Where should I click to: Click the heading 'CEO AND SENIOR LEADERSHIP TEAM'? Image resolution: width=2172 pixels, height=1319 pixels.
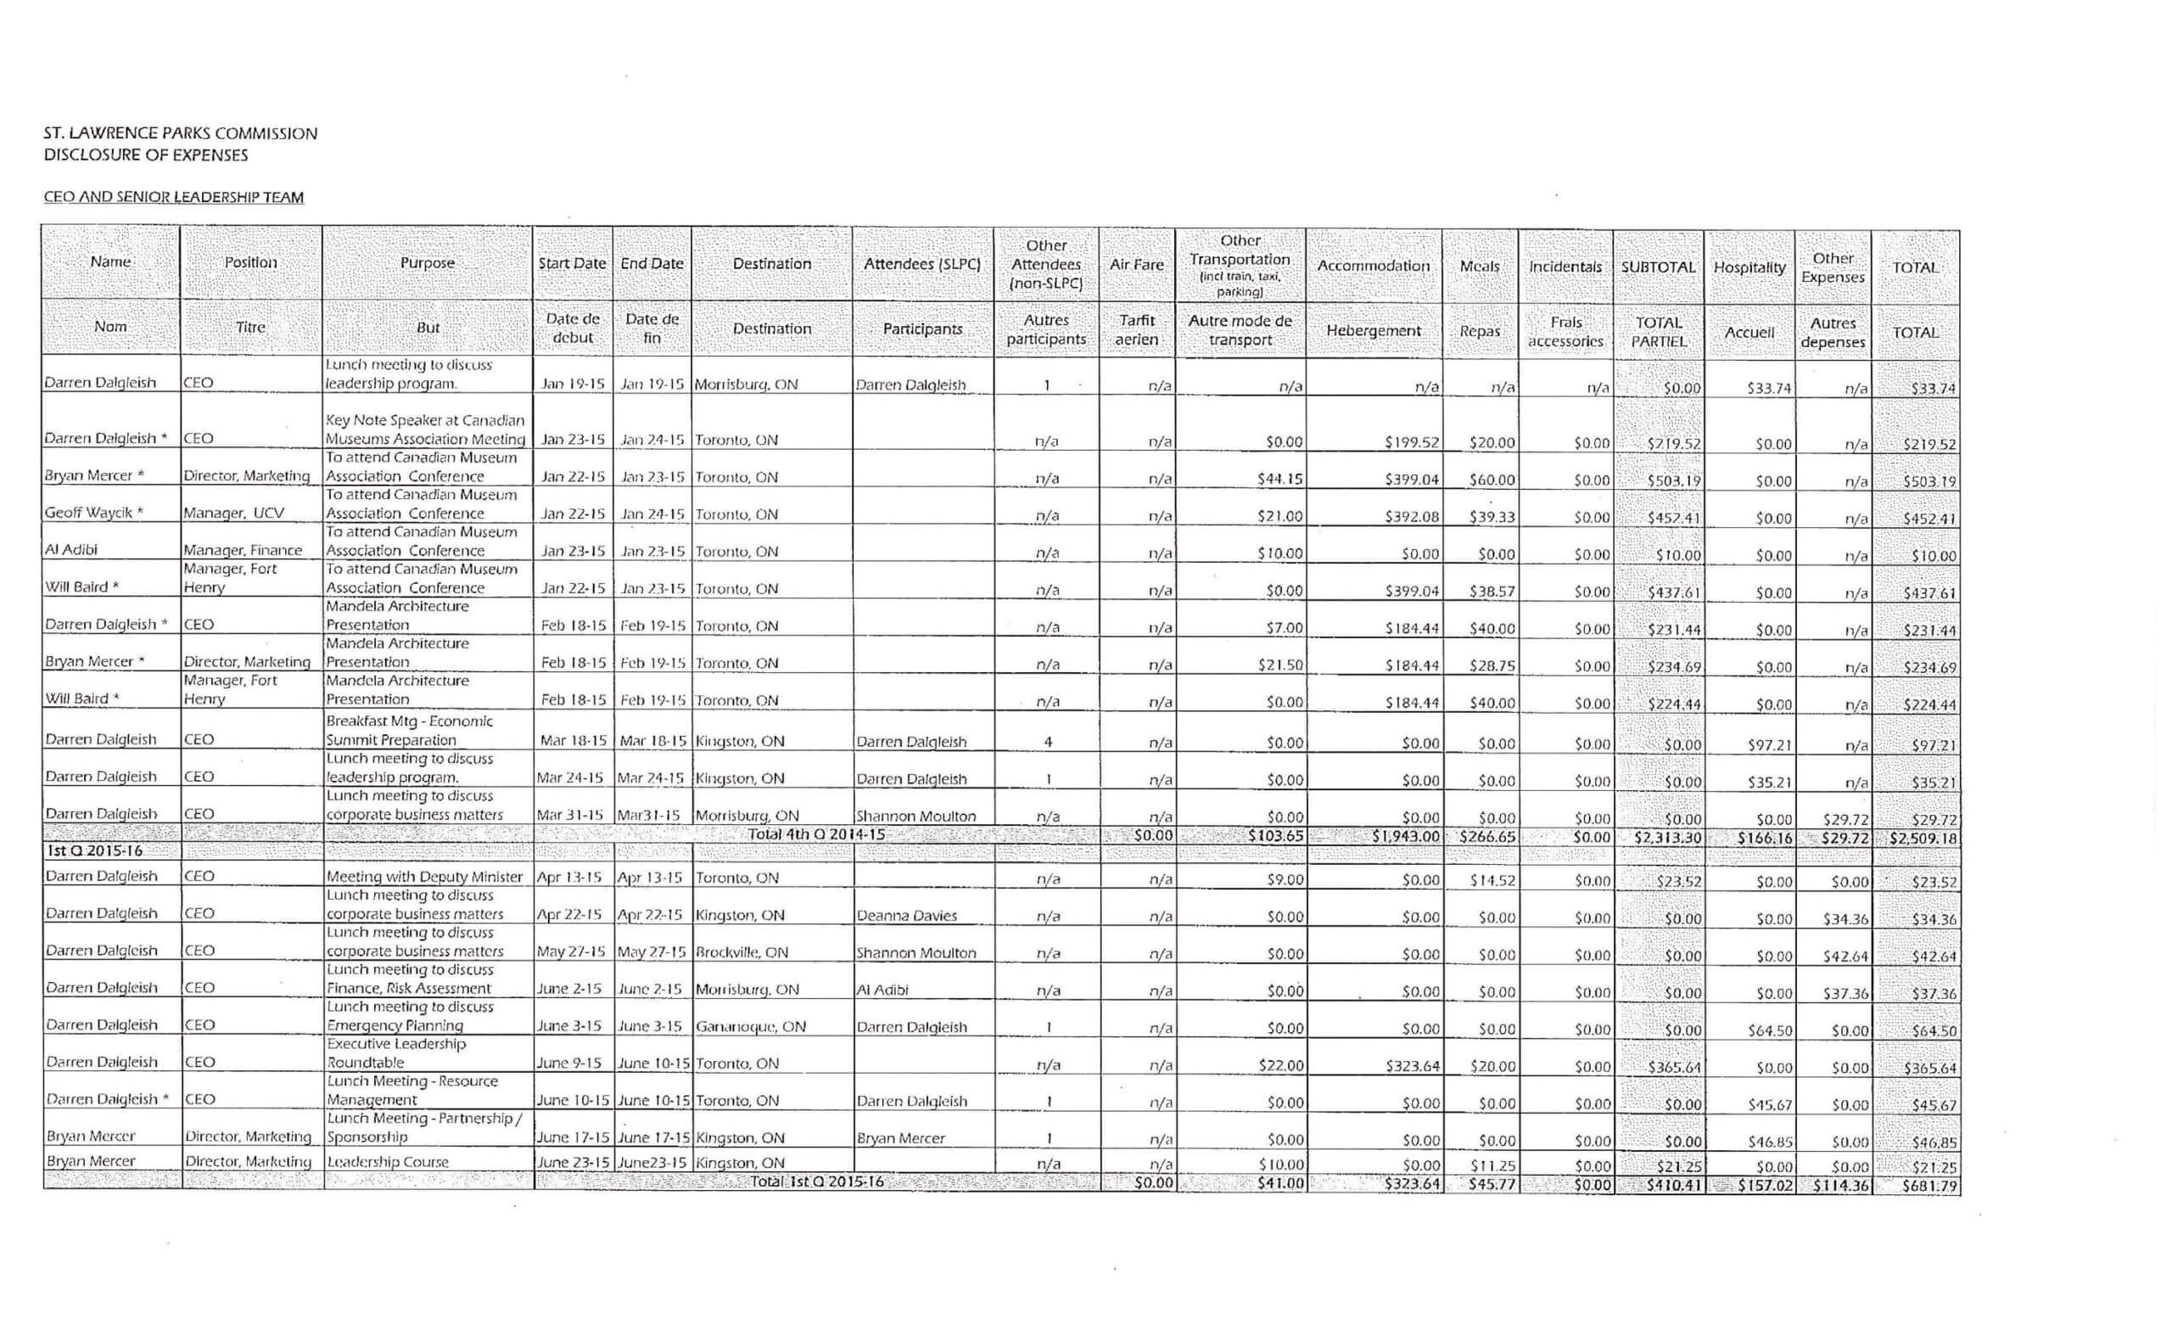(x=174, y=197)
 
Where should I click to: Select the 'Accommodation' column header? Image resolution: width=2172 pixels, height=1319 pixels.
(x=1373, y=266)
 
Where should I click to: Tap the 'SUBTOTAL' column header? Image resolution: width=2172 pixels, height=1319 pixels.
(x=1657, y=267)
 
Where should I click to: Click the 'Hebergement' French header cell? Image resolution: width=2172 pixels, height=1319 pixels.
(x=1373, y=331)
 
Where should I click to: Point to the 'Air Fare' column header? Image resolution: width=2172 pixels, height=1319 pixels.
(x=1136, y=265)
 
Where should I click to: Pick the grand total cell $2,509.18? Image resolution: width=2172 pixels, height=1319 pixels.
(x=1922, y=838)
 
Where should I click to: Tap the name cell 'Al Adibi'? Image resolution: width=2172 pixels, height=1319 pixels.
(x=71, y=549)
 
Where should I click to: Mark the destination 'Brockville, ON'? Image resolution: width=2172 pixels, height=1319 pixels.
(x=742, y=952)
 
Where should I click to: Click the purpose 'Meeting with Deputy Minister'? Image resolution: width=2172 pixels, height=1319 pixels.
(x=424, y=877)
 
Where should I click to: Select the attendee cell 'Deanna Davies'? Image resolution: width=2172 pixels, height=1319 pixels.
(x=906, y=915)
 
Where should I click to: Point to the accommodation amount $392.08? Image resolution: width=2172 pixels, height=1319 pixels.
(x=1411, y=516)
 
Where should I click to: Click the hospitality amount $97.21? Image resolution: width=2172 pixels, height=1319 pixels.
(x=1769, y=745)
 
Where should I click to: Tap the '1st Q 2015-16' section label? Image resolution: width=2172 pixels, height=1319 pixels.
(x=94, y=850)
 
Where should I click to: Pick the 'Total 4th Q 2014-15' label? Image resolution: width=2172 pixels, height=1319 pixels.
(x=816, y=834)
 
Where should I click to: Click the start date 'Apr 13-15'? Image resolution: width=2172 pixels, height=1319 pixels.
(x=569, y=878)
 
